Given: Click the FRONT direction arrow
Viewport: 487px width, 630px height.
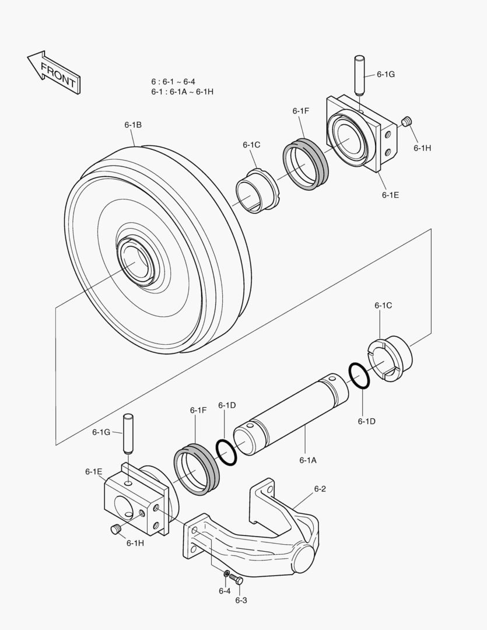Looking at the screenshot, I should click(54, 71).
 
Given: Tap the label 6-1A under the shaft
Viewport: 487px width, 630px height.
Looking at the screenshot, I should click(308, 460).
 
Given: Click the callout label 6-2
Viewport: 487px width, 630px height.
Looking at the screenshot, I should click(320, 489).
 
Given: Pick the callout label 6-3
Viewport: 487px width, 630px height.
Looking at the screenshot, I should click(241, 600).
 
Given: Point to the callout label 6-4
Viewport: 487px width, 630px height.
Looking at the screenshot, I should click(225, 591).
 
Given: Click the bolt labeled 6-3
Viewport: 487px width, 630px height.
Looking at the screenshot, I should click(236, 579).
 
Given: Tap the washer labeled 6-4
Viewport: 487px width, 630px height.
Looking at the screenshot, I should click(226, 573).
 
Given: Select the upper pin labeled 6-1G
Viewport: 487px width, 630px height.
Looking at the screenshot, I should click(359, 75).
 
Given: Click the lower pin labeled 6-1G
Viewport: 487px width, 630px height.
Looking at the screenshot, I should click(127, 433).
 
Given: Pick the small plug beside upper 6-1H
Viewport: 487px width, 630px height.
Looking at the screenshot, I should click(407, 121).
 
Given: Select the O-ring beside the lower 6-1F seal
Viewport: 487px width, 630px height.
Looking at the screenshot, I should click(226, 453).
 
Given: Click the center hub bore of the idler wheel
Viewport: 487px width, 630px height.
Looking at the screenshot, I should click(136, 262).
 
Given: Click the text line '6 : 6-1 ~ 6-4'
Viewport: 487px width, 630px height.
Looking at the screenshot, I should click(173, 82).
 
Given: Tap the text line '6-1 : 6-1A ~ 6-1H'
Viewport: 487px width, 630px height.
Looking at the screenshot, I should click(182, 92).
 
